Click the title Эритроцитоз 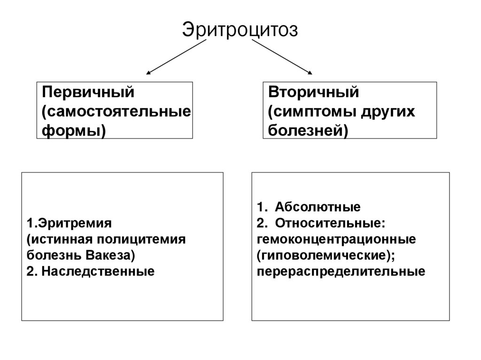click(240, 30)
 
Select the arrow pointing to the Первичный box click(176, 57)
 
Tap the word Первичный click(88, 92)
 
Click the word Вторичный click(313, 92)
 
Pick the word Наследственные click(98, 272)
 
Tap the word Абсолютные click(318, 207)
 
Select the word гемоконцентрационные click(336, 239)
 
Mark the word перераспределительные click(341, 272)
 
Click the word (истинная click(59, 239)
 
